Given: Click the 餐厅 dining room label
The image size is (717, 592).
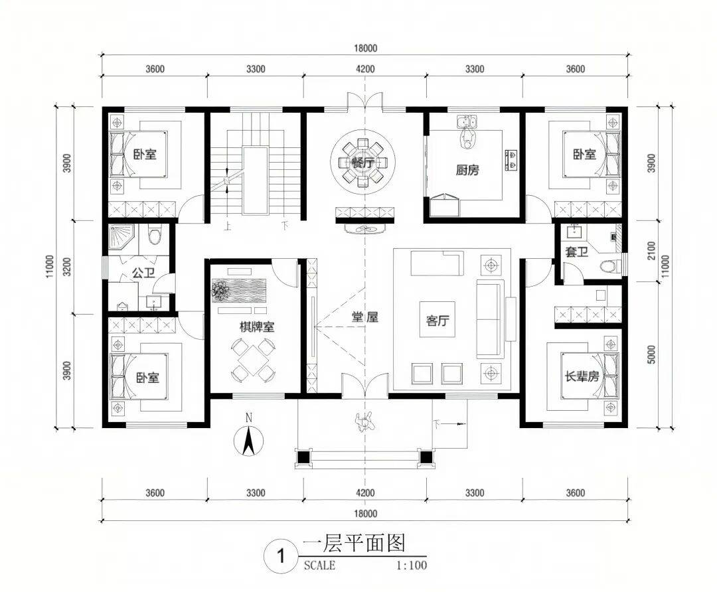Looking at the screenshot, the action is [x=364, y=163].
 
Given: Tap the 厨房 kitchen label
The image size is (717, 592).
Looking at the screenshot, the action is [x=467, y=171].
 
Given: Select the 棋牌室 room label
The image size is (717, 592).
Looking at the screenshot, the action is [x=258, y=327].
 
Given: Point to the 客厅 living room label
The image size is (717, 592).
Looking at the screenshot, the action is [x=438, y=321].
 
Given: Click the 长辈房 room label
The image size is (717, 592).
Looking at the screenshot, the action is [x=582, y=376].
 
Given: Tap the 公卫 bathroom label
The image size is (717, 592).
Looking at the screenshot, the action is [x=143, y=273].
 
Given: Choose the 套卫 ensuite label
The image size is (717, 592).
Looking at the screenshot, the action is [x=576, y=252].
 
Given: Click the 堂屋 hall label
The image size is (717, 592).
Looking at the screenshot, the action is [x=365, y=317].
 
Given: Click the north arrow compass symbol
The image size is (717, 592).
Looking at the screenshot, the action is [x=248, y=439].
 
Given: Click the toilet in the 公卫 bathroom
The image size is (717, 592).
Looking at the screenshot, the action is [x=155, y=234].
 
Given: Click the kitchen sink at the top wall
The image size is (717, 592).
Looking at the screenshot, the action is [x=467, y=122].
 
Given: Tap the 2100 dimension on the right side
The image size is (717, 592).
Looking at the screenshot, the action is [x=652, y=250].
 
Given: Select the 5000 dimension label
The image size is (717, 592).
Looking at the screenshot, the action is [x=652, y=354].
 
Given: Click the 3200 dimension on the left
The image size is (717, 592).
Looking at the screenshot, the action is [x=67, y=267].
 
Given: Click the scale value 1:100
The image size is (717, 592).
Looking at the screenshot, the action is [x=411, y=565].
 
